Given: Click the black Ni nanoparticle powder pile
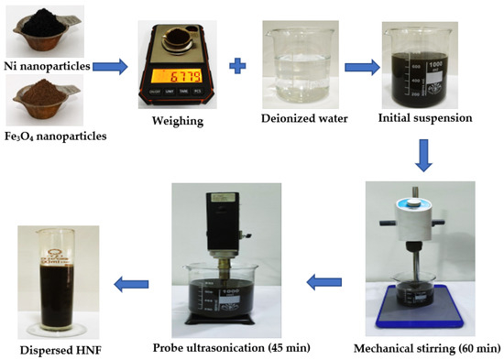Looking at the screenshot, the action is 43,23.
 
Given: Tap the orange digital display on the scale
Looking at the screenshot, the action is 177,76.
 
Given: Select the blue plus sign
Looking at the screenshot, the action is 237,66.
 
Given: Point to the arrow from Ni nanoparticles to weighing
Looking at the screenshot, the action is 110,67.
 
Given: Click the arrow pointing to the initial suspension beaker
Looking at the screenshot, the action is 362,67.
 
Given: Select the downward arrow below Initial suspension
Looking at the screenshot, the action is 423,156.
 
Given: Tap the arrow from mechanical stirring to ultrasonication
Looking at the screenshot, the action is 324,282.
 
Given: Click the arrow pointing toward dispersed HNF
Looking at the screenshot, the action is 131,284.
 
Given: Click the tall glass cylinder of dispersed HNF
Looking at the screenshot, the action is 57,279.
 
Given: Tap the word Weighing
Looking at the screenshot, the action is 178,121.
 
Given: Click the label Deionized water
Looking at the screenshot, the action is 304,118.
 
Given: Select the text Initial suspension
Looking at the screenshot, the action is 425,118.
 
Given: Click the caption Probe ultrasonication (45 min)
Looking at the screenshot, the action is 232,348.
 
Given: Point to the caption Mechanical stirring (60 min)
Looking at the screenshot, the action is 427,348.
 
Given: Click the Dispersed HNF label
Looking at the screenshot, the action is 60,350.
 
